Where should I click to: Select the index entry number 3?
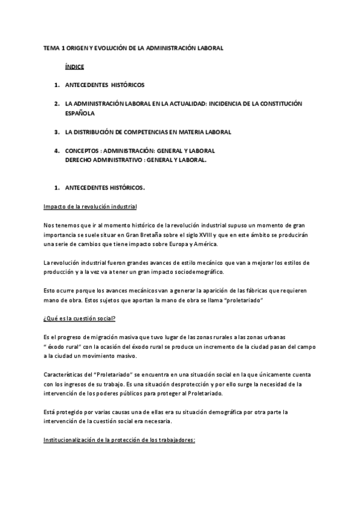(x=55, y=131)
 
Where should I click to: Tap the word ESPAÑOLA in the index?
(x=80, y=112)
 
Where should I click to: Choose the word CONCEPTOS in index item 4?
(x=81, y=150)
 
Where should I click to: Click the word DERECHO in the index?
(x=80, y=160)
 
